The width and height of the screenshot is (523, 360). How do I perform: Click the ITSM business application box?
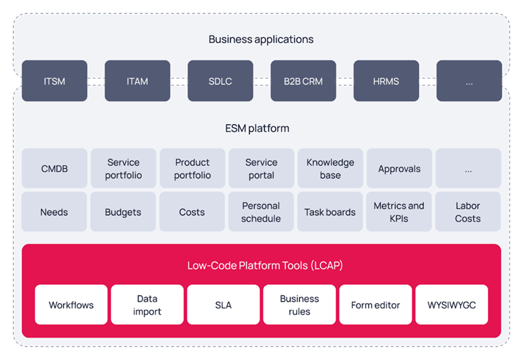click(x=54, y=80)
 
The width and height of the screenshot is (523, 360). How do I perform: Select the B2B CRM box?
click(x=303, y=80)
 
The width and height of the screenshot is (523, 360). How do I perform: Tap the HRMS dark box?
click(x=386, y=80)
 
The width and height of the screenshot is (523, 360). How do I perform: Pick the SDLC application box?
click(x=220, y=80)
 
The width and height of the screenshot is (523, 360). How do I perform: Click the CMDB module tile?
click(x=54, y=168)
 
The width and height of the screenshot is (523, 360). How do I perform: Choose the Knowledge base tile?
click(x=331, y=168)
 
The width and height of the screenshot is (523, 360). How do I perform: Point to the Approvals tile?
click(x=400, y=168)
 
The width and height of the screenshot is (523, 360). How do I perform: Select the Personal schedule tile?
click(x=261, y=212)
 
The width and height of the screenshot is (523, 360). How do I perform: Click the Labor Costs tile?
click(x=468, y=212)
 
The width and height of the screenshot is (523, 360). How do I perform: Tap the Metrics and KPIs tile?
click(x=399, y=212)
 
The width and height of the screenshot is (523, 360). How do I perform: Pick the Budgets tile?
click(x=123, y=212)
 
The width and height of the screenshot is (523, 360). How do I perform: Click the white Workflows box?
click(x=71, y=305)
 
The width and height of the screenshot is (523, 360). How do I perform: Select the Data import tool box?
click(x=147, y=305)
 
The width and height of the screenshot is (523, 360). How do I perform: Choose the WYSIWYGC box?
click(x=452, y=305)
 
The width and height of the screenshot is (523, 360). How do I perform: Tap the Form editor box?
click(x=375, y=305)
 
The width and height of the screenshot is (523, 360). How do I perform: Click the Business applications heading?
click(x=261, y=39)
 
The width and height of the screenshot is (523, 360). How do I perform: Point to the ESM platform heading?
click(x=257, y=128)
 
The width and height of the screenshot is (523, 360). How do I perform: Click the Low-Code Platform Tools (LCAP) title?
click(x=265, y=266)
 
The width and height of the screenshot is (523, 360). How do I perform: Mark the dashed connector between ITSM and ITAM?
click(x=96, y=82)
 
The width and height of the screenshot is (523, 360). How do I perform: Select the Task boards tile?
click(x=330, y=212)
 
